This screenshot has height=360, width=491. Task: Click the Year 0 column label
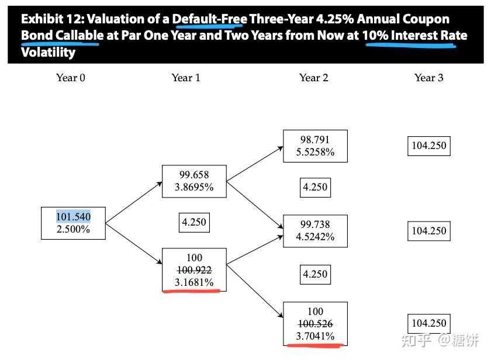pos(71,78)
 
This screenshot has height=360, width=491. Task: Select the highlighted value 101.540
pos(73,217)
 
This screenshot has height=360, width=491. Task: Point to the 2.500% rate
pos(73,230)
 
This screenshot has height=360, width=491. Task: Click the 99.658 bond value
pos(194,175)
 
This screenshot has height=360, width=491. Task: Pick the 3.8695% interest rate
pos(194,188)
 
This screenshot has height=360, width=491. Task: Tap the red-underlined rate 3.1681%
pos(194,283)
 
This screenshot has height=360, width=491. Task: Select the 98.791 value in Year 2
pos(315,140)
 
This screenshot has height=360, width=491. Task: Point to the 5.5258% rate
pos(315,153)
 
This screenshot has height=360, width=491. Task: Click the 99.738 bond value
pos(315,224)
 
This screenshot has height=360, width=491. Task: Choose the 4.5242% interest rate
pos(315,237)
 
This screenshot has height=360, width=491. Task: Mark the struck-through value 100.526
pos(315,324)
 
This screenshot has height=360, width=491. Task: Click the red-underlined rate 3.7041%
pos(315,336)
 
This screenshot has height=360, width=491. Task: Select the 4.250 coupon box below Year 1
pos(194,223)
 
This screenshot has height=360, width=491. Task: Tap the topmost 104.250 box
pos(429,146)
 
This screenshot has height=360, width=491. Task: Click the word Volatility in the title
pos(48,52)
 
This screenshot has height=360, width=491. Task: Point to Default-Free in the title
pos(210,20)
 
